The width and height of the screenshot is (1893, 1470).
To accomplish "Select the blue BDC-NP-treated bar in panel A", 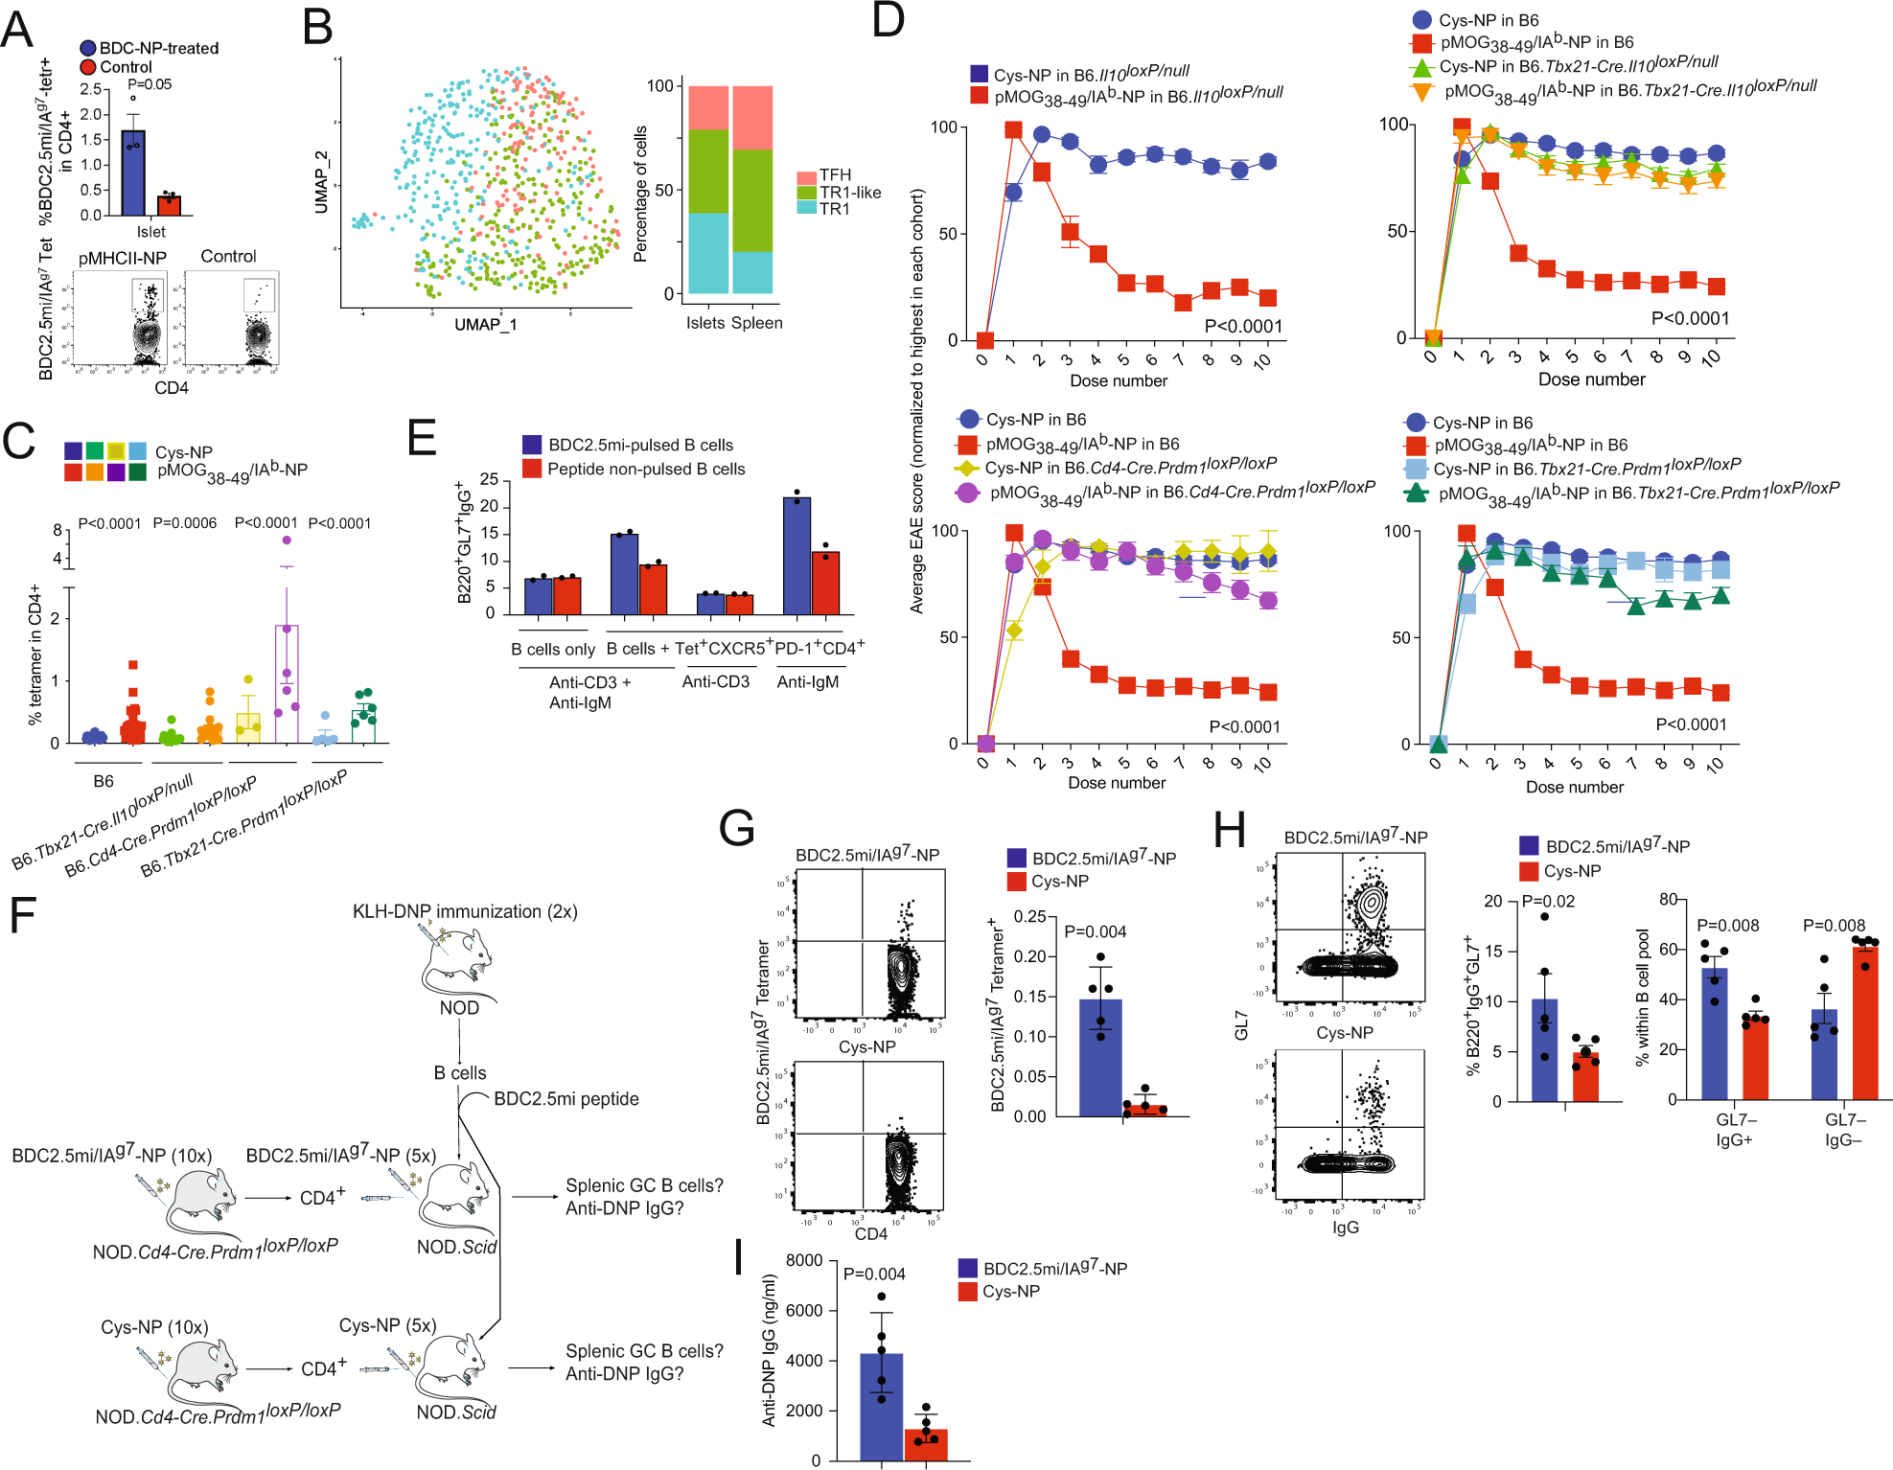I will tap(133, 173).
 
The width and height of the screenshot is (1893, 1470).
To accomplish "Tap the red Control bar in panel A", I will tap(170, 205).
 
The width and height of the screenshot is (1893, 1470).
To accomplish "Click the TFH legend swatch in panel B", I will tap(806, 176).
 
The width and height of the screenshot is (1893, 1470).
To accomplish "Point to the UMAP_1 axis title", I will tap(485, 325).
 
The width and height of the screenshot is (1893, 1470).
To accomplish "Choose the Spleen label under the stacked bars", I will tap(757, 323).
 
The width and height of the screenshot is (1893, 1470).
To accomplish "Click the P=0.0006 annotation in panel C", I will tap(185, 523).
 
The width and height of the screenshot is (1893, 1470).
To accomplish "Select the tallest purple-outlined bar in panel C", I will tap(287, 684).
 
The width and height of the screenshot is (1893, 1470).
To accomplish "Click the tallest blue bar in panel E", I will tap(796, 556).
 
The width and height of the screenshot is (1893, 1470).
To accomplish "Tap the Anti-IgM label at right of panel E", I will tap(807, 681).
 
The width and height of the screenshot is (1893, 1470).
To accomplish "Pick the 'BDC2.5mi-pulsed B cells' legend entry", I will tap(640, 445).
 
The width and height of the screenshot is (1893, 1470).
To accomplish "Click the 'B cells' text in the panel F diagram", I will tap(460, 1072).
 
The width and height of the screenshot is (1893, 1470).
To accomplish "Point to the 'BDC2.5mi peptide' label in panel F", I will tap(566, 1098).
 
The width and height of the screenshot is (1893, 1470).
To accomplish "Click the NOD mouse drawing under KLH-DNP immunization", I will tap(459, 963).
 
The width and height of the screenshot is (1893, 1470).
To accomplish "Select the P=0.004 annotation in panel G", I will tap(1095, 931).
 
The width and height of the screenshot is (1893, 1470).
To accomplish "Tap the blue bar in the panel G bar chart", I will tap(1100, 1058).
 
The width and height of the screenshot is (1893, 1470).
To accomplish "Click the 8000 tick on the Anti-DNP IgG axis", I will tap(804, 1260).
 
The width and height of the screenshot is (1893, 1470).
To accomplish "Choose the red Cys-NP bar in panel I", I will tap(926, 1444).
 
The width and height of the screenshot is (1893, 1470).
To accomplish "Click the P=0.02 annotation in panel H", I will tap(1548, 901).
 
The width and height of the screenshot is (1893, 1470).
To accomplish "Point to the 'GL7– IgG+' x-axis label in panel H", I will tap(1735, 1130).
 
